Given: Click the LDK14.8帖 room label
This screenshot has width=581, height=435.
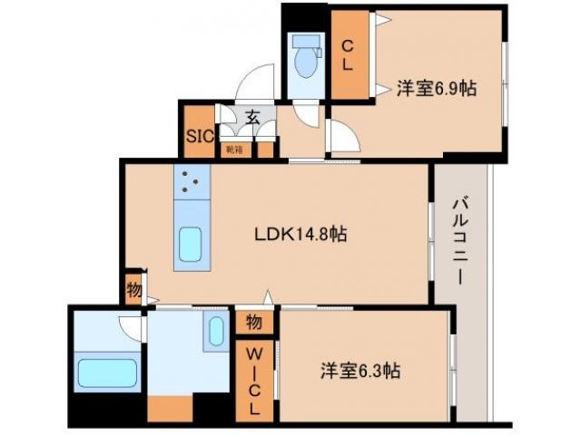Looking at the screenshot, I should [x=300, y=233].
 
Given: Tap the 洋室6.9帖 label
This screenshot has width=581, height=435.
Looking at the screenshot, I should [x=437, y=88].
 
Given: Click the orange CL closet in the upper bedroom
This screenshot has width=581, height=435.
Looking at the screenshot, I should [x=348, y=54].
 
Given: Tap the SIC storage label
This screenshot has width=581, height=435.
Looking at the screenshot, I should [x=199, y=136].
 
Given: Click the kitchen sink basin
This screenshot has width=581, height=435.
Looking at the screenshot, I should [x=192, y=243].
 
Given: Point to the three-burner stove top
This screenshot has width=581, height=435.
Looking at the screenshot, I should [x=190, y=183].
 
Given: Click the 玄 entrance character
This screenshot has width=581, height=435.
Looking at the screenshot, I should [x=251, y=117].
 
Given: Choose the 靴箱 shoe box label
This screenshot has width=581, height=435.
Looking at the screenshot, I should [x=234, y=149].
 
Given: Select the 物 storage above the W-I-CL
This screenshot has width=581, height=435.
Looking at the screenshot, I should [x=254, y=322].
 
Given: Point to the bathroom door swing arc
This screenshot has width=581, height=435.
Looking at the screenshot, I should [x=133, y=326].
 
